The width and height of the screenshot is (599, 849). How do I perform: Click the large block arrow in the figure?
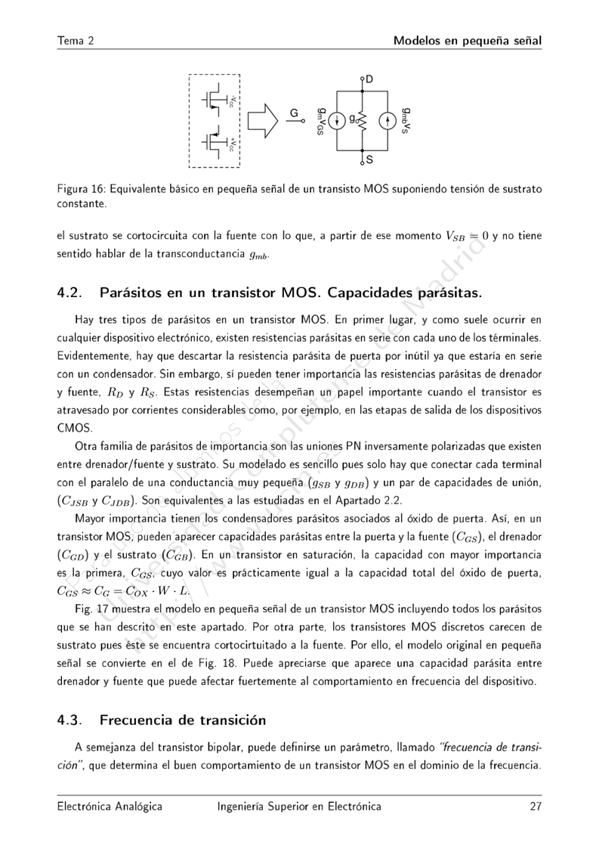263,120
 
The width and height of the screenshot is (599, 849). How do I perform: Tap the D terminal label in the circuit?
369,79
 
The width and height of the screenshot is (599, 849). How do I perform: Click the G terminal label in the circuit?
295,113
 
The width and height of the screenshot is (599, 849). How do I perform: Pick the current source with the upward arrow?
387,121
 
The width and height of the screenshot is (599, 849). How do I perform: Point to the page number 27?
536,806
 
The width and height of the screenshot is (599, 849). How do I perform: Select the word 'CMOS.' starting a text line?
74,427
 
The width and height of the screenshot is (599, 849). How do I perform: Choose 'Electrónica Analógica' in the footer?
110,806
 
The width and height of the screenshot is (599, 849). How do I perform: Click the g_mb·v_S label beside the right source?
406,121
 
